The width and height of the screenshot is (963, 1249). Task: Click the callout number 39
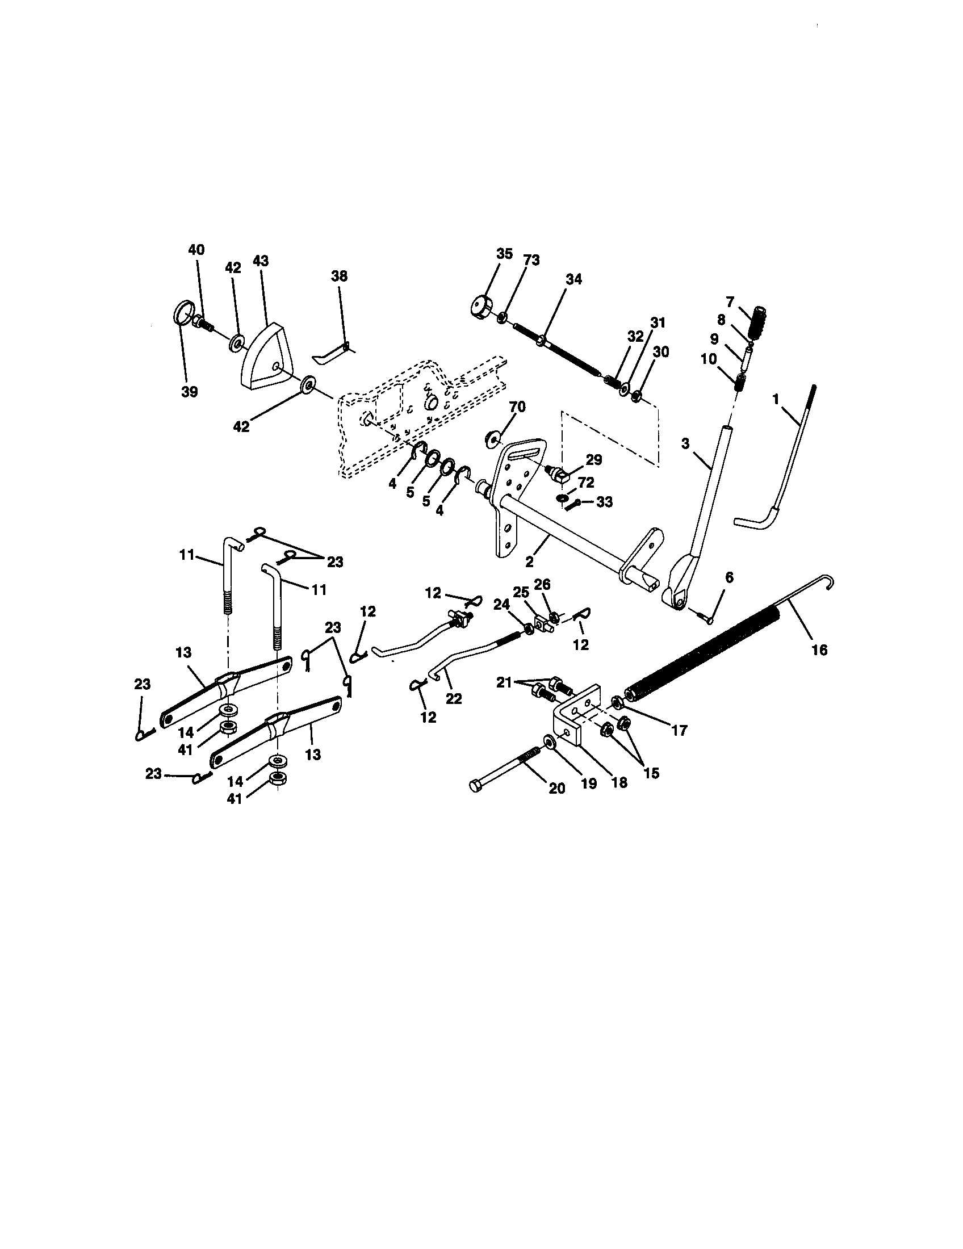point(189,392)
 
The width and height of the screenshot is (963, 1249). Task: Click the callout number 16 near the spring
point(819,649)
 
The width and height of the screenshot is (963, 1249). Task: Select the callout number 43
point(260,261)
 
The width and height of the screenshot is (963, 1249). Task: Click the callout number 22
point(454,699)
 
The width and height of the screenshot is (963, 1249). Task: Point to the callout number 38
point(339,276)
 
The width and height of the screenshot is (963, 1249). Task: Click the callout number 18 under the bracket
point(619,782)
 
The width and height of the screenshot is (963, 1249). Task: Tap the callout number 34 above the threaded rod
point(573,279)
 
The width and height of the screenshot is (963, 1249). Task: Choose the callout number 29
point(593,460)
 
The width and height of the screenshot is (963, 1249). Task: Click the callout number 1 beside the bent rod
point(776,400)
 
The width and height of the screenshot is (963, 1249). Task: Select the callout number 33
point(604,501)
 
